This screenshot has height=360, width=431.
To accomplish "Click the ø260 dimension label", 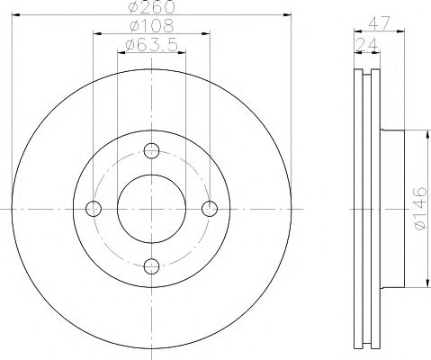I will point(151,8).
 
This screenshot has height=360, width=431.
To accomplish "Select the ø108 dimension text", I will point(151,27).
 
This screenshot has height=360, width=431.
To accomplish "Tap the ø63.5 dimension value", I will point(151,45).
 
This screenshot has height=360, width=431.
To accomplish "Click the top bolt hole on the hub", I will point(151,149).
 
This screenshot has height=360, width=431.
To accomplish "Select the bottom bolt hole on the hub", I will point(151,265).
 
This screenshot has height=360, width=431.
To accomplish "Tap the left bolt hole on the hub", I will point(93,208).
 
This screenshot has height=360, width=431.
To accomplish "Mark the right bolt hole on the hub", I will point(210,208).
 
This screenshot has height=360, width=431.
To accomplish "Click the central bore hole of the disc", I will point(151,208).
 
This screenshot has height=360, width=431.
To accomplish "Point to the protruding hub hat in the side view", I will point(396,208).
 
